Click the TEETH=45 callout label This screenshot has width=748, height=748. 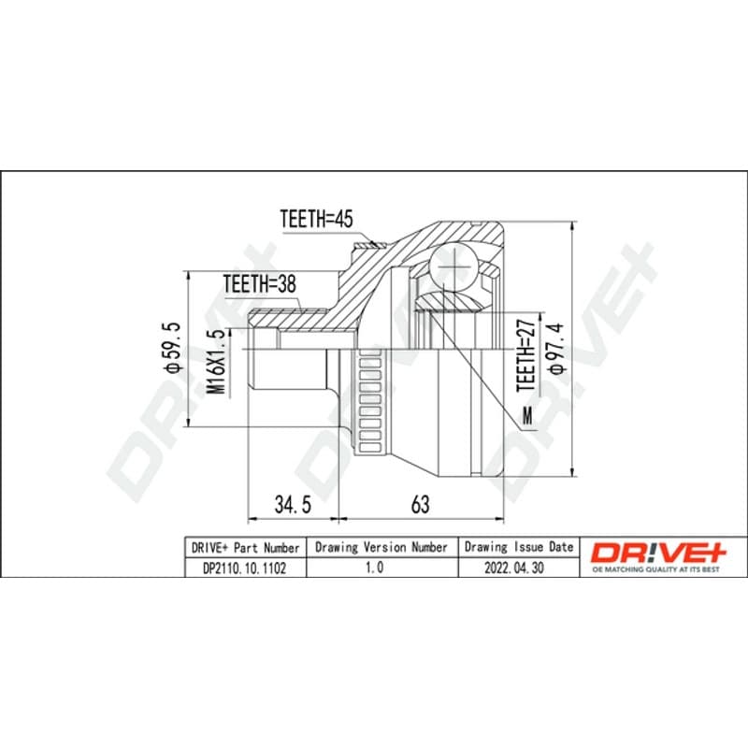click(x=316, y=219)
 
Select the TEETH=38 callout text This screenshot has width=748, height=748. click(x=260, y=284)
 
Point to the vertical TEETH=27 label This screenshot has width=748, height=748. click(x=526, y=355)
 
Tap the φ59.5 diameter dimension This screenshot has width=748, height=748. click(x=172, y=347)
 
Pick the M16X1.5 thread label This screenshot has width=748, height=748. click(x=217, y=362)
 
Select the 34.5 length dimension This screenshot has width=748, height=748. click(x=293, y=504)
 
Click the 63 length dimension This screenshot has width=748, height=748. click(x=420, y=504)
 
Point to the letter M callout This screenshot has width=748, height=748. click(x=527, y=416)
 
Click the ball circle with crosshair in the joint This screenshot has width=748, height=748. click(x=453, y=266)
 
